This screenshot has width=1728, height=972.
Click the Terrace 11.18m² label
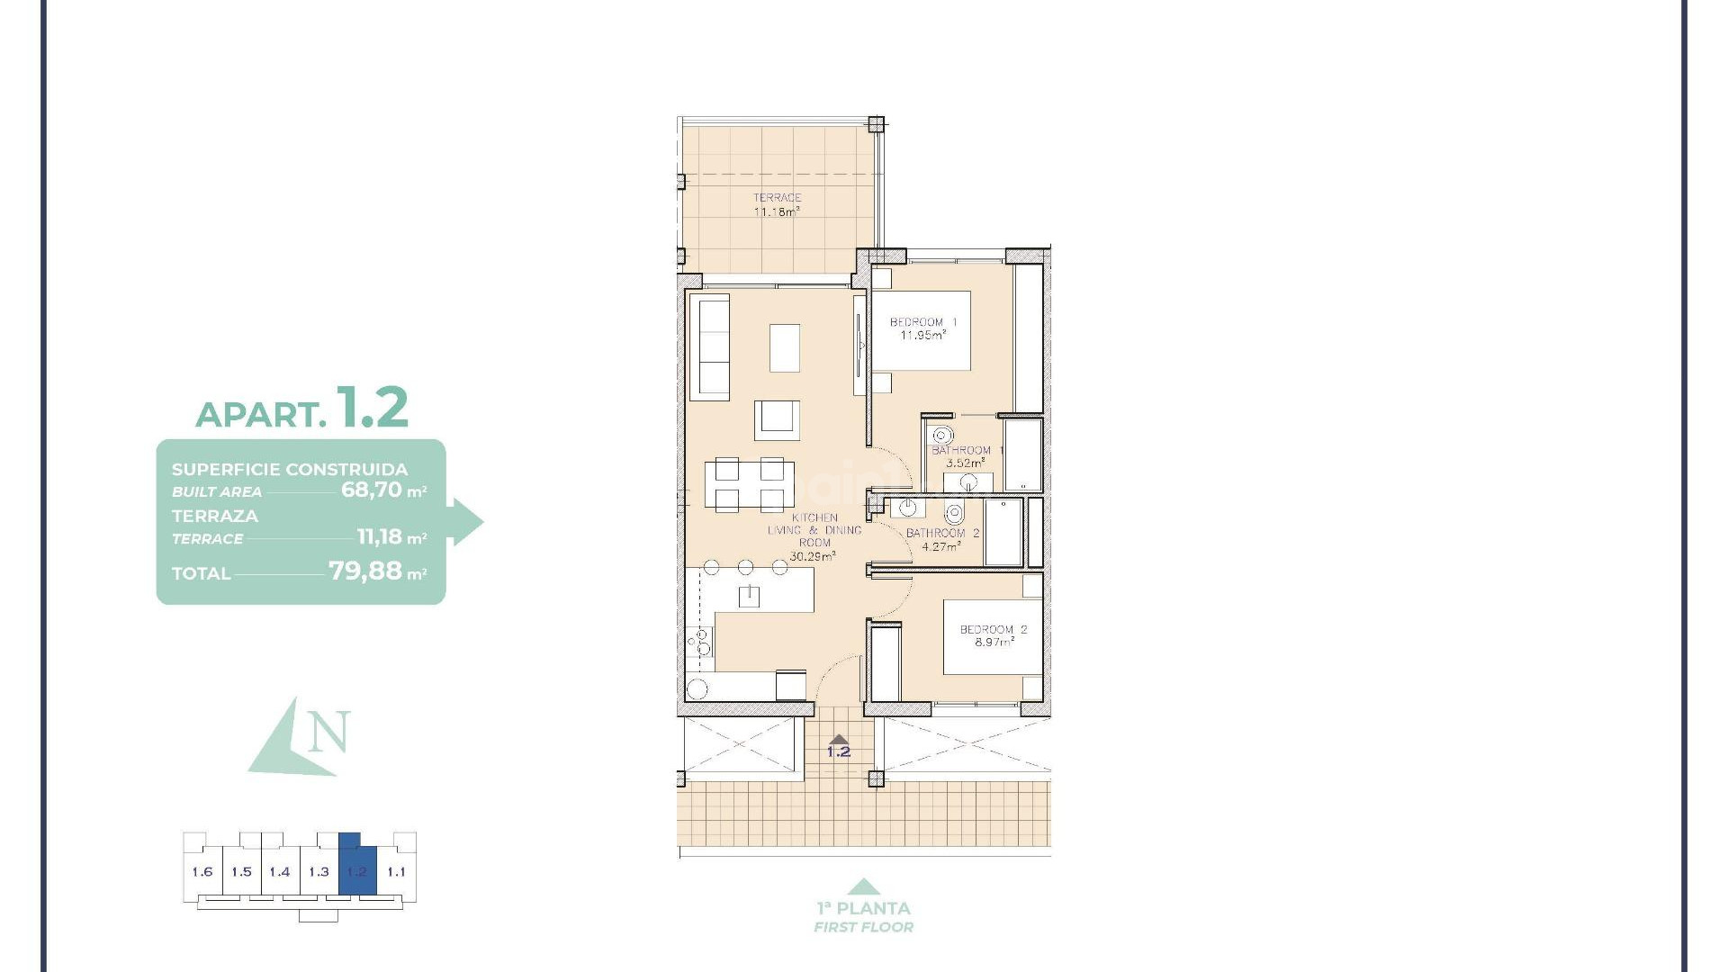(x=777, y=205)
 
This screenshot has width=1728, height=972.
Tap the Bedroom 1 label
(x=922, y=328)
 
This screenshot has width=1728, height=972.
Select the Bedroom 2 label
(x=993, y=635)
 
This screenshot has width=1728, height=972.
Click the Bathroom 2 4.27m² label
(x=942, y=539)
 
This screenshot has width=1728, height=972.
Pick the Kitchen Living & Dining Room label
(x=814, y=536)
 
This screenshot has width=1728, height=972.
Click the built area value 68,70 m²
(x=382, y=490)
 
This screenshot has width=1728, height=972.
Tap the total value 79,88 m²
(x=376, y=571)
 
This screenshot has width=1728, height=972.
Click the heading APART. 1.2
(x=302, y=409)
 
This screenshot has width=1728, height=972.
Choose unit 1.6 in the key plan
(x=202, y=871)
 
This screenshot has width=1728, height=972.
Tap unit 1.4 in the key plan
(x=280, y=871)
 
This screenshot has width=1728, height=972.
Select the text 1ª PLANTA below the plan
(x=863, y=908)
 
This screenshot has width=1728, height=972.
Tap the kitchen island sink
(x=749, y=595)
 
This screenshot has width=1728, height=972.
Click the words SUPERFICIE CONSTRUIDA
(x=290, y=469)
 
